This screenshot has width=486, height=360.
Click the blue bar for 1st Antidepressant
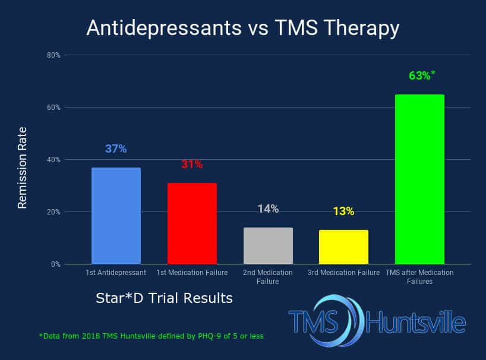(x=116, y=216)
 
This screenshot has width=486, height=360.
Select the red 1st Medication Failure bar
(x=192, y=223)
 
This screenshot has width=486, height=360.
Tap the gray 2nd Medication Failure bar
(x=268, y=246)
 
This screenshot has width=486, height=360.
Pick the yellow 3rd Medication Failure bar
(x=344, y=247)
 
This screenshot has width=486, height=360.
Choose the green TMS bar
(x=419, y=179)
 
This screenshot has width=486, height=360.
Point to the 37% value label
(x=116, y=149)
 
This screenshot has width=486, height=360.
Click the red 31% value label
(x=192, y=164)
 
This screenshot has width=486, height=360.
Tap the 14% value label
(x=268, y=209)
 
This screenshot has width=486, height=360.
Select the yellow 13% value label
(x=344, y=211)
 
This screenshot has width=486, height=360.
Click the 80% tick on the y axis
(x=53, y=55)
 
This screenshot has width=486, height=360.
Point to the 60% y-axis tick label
(x=53, y=108)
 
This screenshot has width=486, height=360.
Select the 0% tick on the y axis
(x=56, y=264)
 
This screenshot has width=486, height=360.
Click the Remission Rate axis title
(x=23, y=168)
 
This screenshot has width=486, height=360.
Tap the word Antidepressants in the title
(x=164, y=28)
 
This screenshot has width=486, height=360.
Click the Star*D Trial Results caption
(x=164, y=298)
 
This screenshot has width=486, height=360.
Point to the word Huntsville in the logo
(x=416, y=322)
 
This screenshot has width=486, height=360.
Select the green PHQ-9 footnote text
(x=152, y=336)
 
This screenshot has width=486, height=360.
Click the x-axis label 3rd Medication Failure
(x=344, y=273)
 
